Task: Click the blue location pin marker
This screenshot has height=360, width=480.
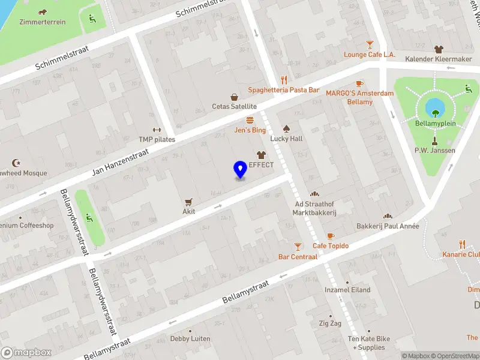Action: [x=240, y=170]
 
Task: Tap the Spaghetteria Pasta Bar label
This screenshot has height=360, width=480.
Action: [x=284, y=90]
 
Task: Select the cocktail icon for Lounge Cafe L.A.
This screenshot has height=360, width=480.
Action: [x=370, y=44]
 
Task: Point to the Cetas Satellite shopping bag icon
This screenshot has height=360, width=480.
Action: [x=234, y=97]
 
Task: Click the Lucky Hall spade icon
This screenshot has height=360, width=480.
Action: [x=286, y=128]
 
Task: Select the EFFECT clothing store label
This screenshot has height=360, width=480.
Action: [x=261, y=165]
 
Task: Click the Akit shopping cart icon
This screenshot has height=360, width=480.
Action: [x=189, y=202]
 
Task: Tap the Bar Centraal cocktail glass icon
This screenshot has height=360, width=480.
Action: [x=298, y=246]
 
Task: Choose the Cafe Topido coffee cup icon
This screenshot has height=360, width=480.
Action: [x=331, y=236]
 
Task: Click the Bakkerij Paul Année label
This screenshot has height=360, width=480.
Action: [x=388, y=226]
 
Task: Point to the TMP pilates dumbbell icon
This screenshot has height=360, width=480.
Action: [x=157, y=130]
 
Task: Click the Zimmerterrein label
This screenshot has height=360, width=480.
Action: [x=42, y=22]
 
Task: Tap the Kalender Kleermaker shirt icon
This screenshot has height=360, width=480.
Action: [x=439, y=49]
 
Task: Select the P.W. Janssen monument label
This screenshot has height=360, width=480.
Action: [x=435, y=151]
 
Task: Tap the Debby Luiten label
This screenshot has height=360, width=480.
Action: [x=190, y=338]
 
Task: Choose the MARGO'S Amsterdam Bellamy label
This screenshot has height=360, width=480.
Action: [x=360, y=97]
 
